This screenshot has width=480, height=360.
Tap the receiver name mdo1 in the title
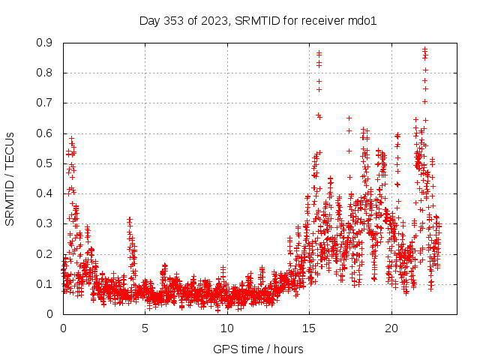[361, 20]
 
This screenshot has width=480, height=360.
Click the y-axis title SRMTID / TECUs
[10, 179]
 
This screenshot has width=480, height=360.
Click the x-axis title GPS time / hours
[259, 349]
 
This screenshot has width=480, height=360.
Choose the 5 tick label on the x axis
[145, 328]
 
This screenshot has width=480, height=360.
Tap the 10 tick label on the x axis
[227, 328]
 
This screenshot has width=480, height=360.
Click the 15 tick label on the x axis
[309, 328]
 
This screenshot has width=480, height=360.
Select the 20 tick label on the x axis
[391, 328]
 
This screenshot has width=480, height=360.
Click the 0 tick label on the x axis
[63, 328]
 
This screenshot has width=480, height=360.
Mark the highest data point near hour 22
[424, 49]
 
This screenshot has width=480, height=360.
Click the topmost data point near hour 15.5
[319, 53]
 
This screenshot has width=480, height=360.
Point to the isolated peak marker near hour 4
[129, 219]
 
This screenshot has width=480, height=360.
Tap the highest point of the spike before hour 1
[71, 138]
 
